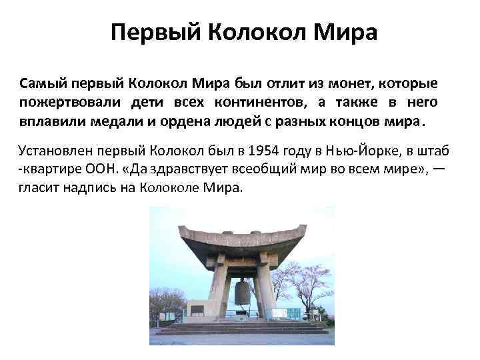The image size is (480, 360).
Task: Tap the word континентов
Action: pos(253,103)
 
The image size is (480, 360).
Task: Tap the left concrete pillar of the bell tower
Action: pos(218,287)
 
